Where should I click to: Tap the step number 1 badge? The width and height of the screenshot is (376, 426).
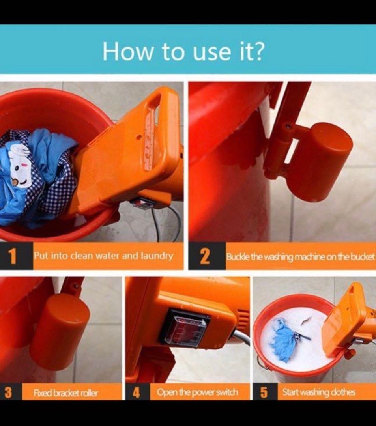tap(13, 256)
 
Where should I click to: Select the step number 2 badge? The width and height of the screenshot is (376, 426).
tap(205, 256)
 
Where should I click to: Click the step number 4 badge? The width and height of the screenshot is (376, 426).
tap(136, 392)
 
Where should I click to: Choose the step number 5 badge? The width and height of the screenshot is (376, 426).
tap(264, 392)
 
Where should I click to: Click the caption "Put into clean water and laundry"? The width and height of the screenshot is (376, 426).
tap(103, 256)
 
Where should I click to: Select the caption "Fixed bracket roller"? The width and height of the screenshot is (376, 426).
tap(66, 393)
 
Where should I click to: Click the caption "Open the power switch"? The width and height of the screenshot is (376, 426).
tap(198, 392)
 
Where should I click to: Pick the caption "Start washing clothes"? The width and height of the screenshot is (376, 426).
tap(319, 392)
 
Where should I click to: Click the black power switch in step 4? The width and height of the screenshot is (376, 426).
tap(185, 327)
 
